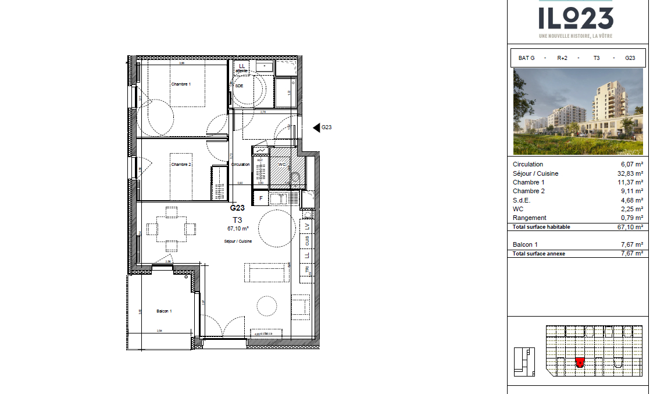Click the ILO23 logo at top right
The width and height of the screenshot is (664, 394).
[576, 19]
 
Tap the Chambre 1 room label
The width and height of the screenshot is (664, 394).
[181, 84]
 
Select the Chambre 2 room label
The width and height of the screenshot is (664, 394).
[181, 165]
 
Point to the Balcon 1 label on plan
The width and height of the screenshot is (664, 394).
[164, 311]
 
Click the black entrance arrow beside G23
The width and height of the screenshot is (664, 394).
[316, 127]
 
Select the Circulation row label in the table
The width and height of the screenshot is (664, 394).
[528, 165]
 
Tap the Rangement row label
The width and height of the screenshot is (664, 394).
[529, 218]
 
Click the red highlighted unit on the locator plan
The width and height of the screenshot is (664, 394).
[580, 363]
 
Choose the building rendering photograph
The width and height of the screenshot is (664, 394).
[578, 111]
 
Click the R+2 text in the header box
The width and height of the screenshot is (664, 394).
[562, 58]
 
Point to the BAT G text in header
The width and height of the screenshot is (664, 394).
[526, 58]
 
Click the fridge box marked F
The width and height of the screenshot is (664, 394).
[261, 198]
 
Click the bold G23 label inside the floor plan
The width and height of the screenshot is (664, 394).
[237, 208]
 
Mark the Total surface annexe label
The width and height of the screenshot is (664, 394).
[540, 254]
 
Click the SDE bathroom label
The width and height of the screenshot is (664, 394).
[240, 86]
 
